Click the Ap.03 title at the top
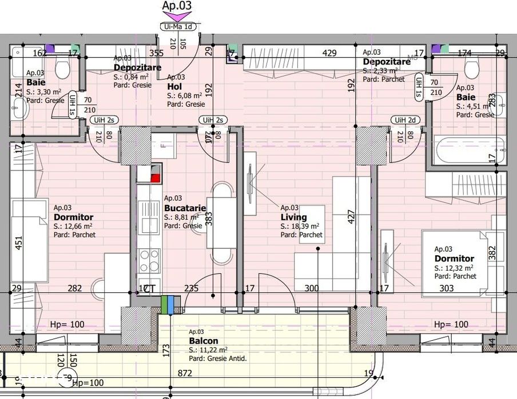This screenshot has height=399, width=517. [177, 6]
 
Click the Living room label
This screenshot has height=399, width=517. [293, 217]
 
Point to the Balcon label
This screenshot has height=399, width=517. [203, 341]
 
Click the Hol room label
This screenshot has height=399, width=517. [174, 86]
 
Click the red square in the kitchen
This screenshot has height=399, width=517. [154, 177]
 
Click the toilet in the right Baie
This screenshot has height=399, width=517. [472, 68]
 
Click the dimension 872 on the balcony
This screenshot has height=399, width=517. [185, 373]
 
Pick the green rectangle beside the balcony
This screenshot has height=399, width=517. [165, 305]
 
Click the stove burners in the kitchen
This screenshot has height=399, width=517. [153, 260]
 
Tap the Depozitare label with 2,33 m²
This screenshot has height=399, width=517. [386, 61]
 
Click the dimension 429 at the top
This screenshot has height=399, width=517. [329, 53]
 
